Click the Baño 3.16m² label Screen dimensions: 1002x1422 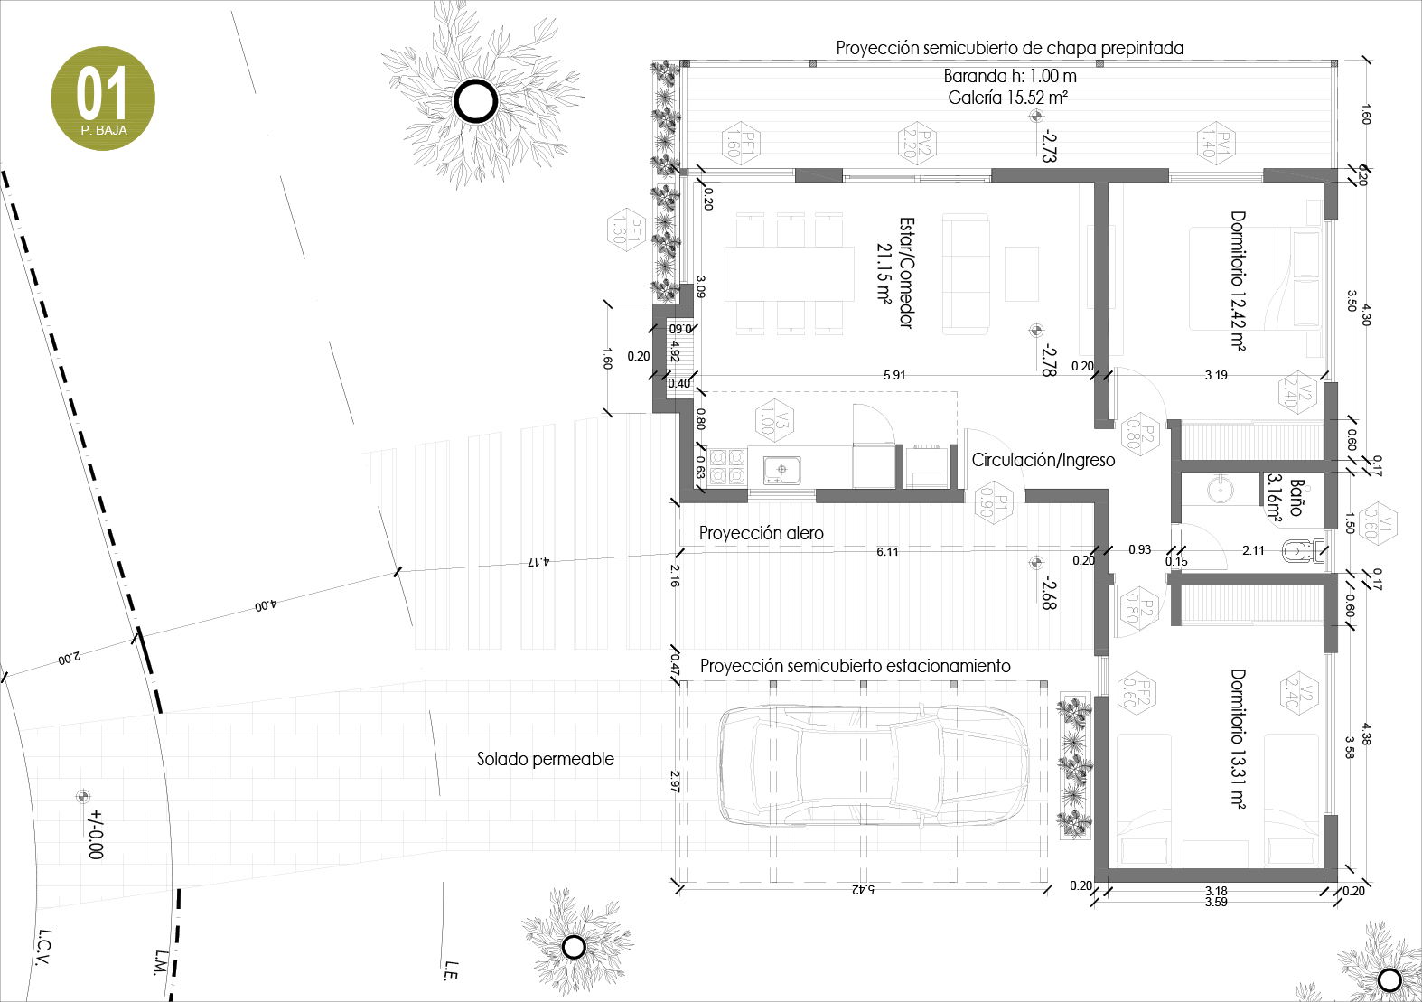click(x=1286, y=499)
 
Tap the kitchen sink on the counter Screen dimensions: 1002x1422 click(x=780, y=470)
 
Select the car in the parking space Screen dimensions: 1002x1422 click(x=872, y=766)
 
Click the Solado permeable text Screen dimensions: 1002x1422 click(x=545, y=760)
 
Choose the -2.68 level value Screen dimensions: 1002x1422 click(x=1047, y=593)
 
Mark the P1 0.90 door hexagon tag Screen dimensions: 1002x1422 click(x=993, y=501)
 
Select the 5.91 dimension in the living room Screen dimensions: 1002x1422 click(x=894, y=375)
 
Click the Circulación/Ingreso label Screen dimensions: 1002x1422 click(x=1043, y=460)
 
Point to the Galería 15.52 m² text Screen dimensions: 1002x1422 click(x=1008, y=98)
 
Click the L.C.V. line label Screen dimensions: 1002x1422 click(x=42, y=947)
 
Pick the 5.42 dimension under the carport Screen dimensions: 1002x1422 click(x=863, y=890)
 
